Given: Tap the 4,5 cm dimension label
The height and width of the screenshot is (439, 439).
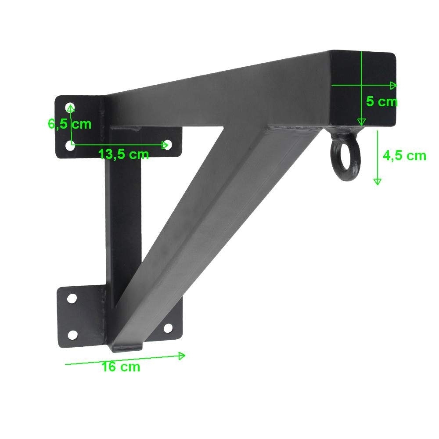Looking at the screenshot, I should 404,155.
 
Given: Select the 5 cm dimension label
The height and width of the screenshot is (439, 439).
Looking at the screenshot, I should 381,102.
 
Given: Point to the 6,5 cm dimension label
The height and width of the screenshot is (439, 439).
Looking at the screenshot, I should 69,124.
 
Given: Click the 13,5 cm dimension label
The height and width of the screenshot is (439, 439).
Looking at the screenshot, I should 123,154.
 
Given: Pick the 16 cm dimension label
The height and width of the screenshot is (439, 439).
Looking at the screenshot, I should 121,367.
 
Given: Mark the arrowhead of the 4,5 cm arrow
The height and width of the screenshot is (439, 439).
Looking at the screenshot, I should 377,180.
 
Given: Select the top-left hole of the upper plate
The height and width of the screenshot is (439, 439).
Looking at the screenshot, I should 70,107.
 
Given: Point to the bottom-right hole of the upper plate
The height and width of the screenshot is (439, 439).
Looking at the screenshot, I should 167,144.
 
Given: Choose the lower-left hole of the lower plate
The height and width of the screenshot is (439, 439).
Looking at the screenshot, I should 73,335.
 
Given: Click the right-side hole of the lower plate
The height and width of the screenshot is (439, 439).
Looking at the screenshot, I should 168,327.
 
